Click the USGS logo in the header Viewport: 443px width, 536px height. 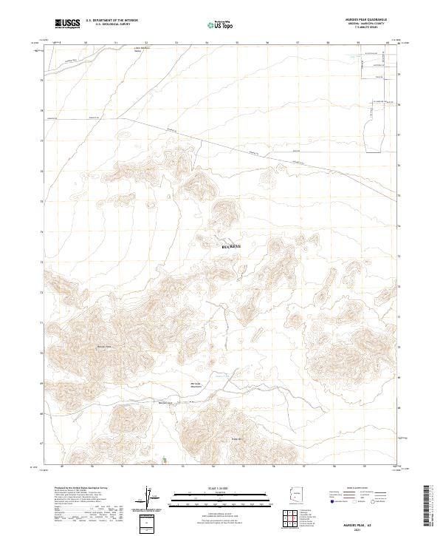[67, 24]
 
